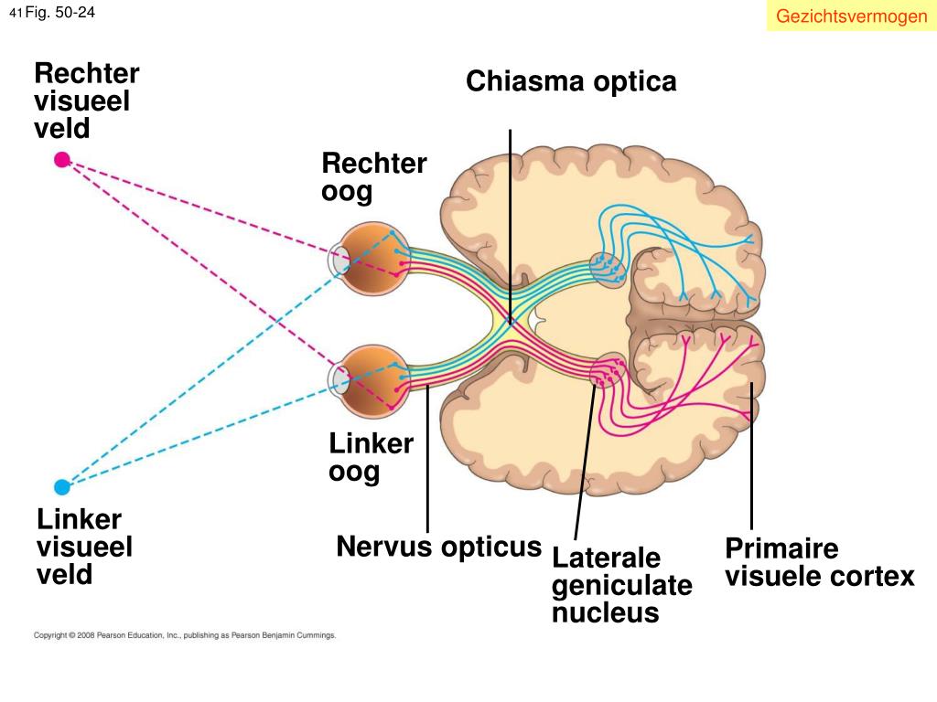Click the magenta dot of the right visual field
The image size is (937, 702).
tap(62, 159)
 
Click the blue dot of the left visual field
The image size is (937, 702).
tap(62, 487)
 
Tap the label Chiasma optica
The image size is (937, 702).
tap(571, 81)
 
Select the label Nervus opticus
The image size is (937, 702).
tap(438, 547)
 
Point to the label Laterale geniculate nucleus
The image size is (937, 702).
tap(622, 585)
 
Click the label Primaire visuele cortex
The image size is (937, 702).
tap(820, 562)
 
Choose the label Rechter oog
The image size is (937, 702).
tap(374, 177)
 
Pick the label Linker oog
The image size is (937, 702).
tap(372, 457)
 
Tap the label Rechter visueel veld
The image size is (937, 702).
tap(87, 101)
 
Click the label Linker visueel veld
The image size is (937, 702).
tap(84, 547)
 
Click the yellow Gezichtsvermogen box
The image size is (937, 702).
tap(852, 16)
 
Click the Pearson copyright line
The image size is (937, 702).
tap(185, 635)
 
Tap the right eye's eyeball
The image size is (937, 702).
tap(372, 259)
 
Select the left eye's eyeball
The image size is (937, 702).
tap(372, 381)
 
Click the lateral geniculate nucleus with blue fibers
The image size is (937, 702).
tap(608, 270)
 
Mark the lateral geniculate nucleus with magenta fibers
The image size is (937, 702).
tap(608, 370)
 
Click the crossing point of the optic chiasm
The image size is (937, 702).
tap(510, 321)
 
